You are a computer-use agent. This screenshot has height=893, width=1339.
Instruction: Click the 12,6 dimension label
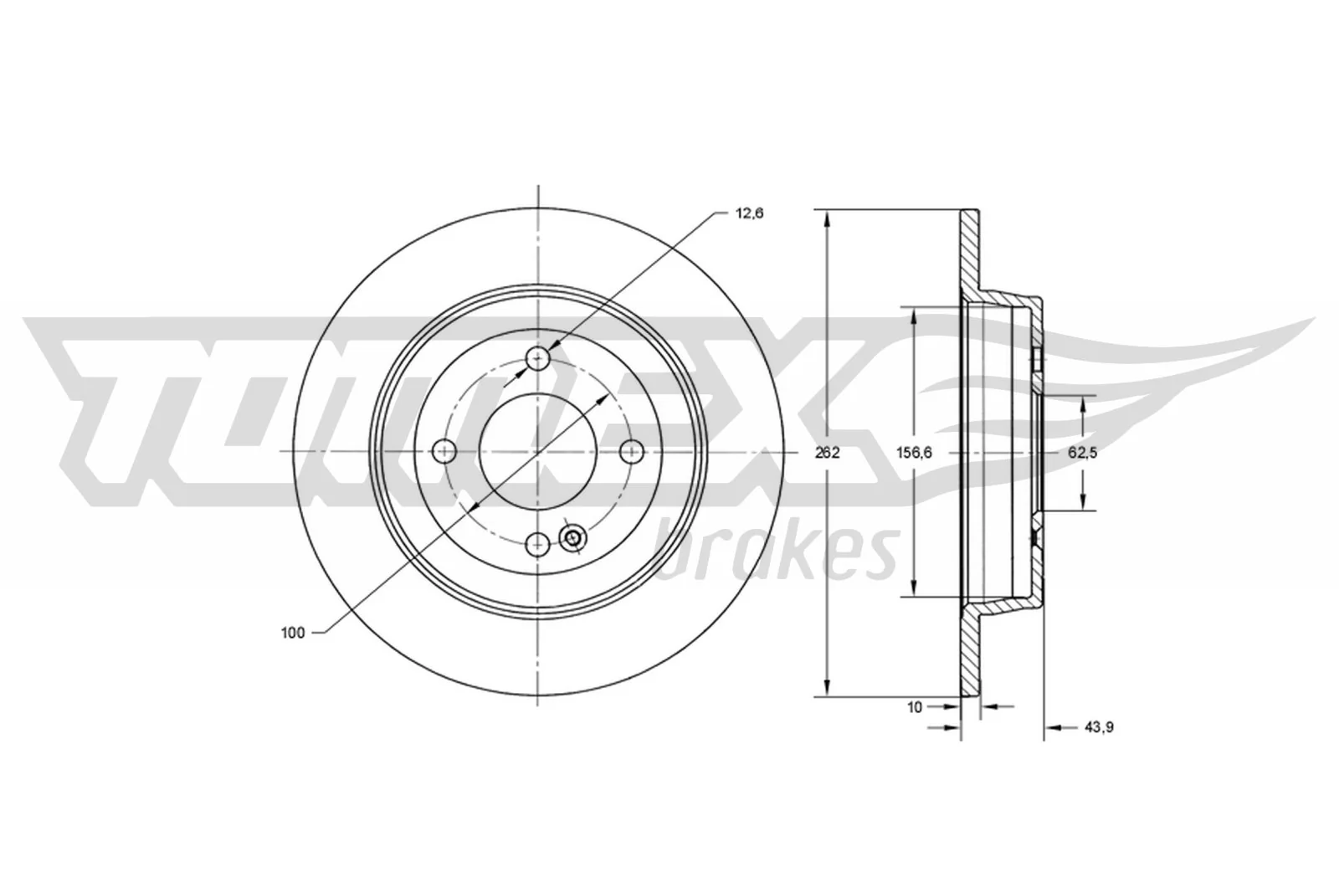[749, 213]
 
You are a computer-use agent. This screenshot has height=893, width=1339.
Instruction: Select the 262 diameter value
[827, 453]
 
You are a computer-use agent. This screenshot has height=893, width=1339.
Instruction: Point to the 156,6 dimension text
[913, 453]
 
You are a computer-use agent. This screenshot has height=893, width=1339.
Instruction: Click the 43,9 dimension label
[1098, 727]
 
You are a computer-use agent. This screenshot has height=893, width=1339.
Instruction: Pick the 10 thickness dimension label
[914, 707]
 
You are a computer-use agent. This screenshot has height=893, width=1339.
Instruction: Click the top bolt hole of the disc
[537, 360]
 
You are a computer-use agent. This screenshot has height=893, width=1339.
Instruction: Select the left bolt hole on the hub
[444, 452]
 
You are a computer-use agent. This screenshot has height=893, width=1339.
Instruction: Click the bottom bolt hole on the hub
[536, 545]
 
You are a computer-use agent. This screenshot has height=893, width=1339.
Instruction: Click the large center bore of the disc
[537, 452]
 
